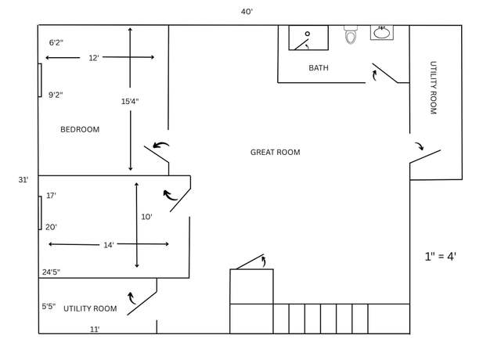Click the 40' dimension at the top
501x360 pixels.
247,12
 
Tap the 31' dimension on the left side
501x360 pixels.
23,180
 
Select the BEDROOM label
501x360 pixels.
80,129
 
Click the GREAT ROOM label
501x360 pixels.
275,153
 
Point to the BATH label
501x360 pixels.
319,68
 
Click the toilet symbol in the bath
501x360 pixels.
351,34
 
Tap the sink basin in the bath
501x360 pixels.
382,33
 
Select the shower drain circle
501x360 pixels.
308,34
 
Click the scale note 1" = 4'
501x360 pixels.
440,256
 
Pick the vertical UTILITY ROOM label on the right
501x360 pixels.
433,88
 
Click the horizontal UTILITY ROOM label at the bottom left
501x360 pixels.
90,308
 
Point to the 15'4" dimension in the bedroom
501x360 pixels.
130,102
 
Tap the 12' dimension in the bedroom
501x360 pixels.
94,58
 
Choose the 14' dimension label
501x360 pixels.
109,245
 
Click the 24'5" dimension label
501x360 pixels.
51,272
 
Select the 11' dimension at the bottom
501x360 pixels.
95,329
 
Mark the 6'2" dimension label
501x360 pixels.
56,42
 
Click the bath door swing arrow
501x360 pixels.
374,75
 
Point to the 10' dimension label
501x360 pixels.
146,217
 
